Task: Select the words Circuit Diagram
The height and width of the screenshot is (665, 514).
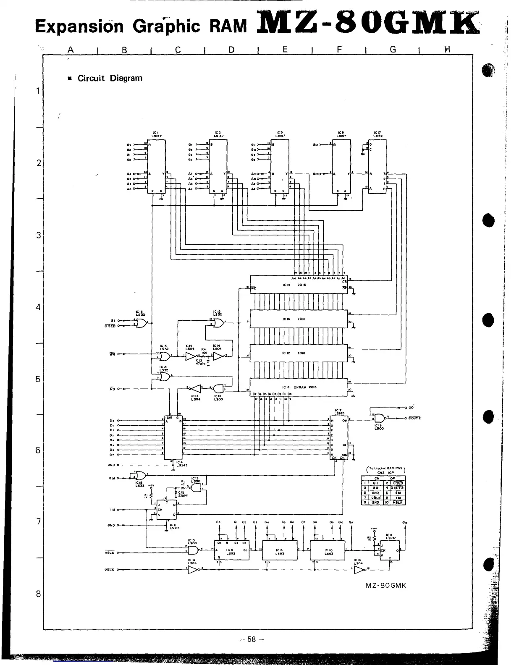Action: [x=110, y=78]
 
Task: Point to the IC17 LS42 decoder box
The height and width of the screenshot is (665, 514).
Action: [x=378, y=167]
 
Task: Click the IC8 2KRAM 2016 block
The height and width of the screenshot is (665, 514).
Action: [x=299, y=387]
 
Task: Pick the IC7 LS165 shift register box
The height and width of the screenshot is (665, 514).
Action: [x=339, y=437]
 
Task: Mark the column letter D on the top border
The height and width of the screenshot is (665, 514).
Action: [x=231, y=50]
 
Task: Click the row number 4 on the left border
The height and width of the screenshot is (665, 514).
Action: [x=38, y=307]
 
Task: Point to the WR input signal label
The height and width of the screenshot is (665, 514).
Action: [x=112, y=354]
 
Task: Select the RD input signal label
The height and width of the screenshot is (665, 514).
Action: [x=112, y=389]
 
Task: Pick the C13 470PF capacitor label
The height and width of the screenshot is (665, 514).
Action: [x=200, y=362]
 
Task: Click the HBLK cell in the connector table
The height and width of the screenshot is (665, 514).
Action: [x=398, y=502]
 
